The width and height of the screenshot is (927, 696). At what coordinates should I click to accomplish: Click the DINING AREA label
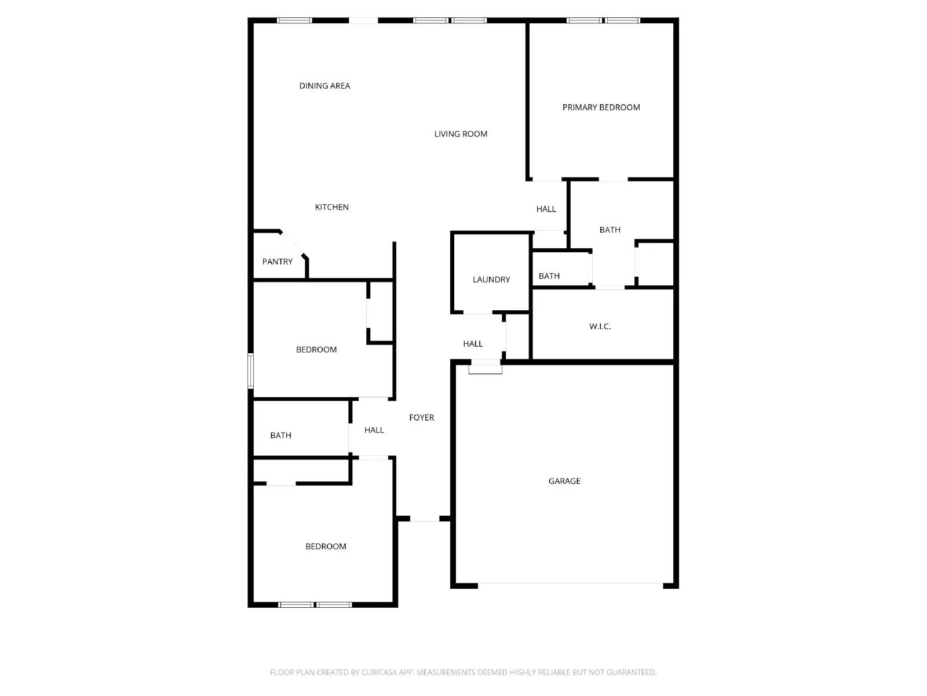pyautogui.click(x=324, y=86)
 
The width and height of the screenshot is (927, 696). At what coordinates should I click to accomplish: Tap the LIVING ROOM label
pyautogui.click(x=461, y=134)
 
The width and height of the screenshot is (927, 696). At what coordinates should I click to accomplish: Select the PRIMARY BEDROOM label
pyautogui.click(x=601, y=107)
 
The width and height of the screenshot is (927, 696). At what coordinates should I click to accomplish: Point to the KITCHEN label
pyautogui.click(x=331, y=207)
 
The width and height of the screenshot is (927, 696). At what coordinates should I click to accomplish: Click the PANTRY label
pyautogui.click(x=278, y=262)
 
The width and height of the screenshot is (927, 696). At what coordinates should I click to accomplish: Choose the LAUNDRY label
pyautogui.click(x=491, y=280)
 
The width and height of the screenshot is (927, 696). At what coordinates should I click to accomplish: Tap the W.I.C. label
pyautogui.click(x=600, y=327)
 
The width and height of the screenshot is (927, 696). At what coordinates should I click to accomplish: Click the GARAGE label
pyautogui.click(x=564, y=481)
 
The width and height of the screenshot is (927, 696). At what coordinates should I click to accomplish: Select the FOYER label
pyautogui.click(x=421, y=418)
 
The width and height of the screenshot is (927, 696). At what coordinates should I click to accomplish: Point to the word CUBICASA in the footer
pyautogui.click(x=380, y=672)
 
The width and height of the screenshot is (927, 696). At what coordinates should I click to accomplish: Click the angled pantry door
pyautogui.click(x=293, y=243)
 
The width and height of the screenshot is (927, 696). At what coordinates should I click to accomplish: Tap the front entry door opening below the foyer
pyautogui.click(x=425, y=519)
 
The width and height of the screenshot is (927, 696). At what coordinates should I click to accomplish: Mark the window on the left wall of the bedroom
pyautogui.click(x=251, y=371)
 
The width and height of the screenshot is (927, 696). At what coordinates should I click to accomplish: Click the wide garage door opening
pyautogui.click(x=570, y=585)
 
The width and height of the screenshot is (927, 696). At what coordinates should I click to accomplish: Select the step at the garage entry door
pyautogui.click(x=485, y=368)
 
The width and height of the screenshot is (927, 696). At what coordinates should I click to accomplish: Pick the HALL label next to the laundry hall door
pyautogui.click(x=473, y=344)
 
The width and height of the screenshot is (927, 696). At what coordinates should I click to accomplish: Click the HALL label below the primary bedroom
pyautogui.click(x=546, y=209)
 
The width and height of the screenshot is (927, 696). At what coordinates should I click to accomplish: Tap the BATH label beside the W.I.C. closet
pyautogui.click(x=549, y=276)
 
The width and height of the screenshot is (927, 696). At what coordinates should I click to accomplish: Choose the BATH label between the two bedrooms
pyautogui.click(x=280, y=436)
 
